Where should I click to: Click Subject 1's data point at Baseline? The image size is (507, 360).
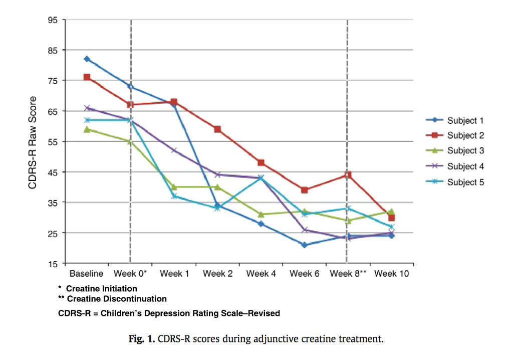coord(87,59)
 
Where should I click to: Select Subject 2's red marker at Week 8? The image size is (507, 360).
coord(348,175)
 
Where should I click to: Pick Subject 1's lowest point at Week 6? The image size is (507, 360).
coord(304,245)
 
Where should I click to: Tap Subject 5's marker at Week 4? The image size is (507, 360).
coord(261,177)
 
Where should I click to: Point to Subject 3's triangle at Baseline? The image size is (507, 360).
coord(87,129)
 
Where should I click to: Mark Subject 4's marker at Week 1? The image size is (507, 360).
coord(174,150)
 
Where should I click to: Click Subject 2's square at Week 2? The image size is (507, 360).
coord(217,129)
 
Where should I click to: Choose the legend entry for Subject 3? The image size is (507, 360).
coord(465,151)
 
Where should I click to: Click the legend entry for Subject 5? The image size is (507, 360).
coord(465,182)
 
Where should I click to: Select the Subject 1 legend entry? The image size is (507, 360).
coord(465,120)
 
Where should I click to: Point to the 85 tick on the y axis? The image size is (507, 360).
coord(53,50)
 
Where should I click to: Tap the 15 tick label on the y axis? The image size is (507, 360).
coord(53,264)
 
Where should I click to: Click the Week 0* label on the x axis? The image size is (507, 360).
coord(130,274)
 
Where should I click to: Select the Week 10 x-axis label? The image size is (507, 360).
coord(392,274)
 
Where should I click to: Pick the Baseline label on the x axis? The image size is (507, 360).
coord(87,274)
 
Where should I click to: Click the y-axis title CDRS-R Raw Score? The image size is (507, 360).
coord(32,142)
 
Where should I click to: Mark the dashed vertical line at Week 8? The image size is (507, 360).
coord(347,100)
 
